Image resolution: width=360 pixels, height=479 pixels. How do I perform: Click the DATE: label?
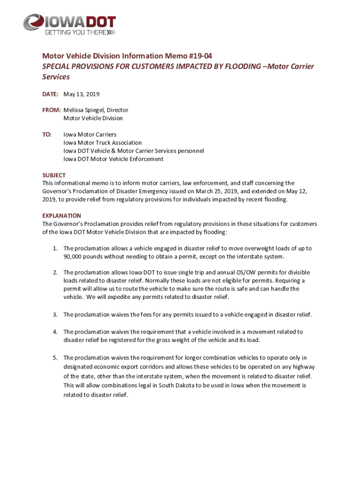coord(50,94)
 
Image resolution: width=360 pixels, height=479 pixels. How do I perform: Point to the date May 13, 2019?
coord(82,94)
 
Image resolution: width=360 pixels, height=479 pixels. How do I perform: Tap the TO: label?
coord(47,134)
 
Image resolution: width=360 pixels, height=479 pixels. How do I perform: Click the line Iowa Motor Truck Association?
coord(102,143)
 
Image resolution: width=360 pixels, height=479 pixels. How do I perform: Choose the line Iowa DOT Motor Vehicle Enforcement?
coord(113,159)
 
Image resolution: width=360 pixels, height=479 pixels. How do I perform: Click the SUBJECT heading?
coord(54,175)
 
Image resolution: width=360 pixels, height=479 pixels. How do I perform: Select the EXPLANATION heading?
coord(61,216)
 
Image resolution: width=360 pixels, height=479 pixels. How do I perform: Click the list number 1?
coord(55,248)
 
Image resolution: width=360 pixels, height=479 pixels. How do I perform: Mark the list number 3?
coord(55,315)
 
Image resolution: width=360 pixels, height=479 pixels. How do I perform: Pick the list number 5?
coord(55,358)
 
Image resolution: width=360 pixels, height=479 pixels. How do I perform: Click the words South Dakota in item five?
coord(146,385)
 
